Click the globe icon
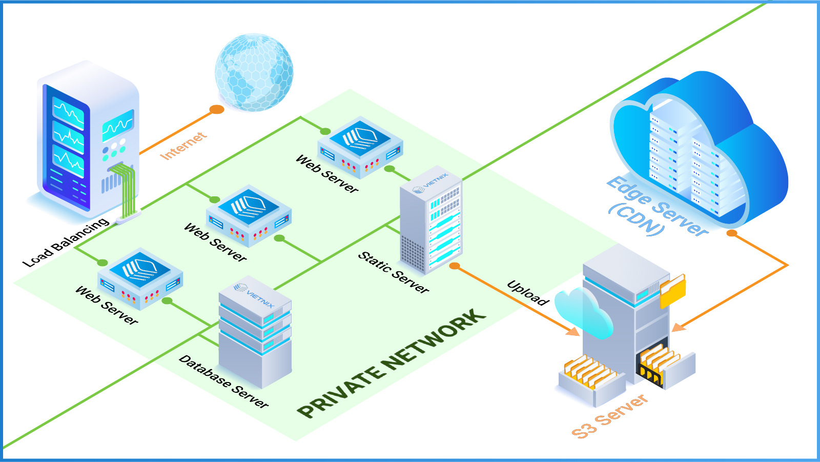click(x=254, y=72)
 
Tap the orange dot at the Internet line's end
click(x=217, y=109)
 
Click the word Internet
click(x=183, y=146)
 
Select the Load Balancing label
click(x=66, y=242)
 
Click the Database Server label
click(x=223, y=381)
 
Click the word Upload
click(x=528, y=293)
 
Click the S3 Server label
click(x=609, y=416)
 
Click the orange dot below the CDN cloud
click(x=732, y=233)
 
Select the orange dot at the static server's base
click(x=455, y=266)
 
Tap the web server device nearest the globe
click(x=360, y=146)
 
